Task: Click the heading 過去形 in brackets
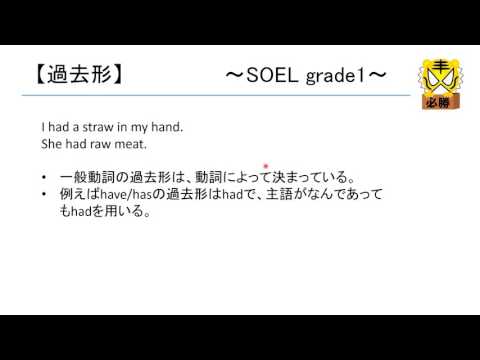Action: pyautogui.click(x=75, y=72)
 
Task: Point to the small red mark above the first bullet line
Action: pyautogui.click(x=266, y=166)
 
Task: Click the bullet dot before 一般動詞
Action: pyautogui.click(x=45, y=177)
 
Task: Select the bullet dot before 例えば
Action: pyautogui.click(x=45, y=194)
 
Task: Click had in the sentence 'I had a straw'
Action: pyautogui.click(x=58, y=127)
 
